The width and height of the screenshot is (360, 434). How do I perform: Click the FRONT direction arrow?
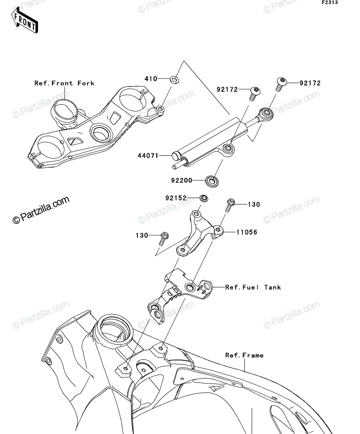coord(25,20)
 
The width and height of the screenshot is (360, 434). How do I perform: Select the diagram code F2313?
coord(330,3)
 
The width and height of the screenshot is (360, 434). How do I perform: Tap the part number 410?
coord(151,79)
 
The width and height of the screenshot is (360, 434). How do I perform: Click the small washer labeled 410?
coord(175,80)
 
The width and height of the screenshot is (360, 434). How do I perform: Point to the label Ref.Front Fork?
coord(64,83)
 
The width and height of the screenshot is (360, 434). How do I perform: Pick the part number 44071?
coord(148,156)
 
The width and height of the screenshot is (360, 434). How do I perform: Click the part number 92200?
coord(182,180)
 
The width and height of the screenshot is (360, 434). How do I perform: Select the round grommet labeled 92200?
coord(212,181)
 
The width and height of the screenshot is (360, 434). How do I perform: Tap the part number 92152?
coord(176,198)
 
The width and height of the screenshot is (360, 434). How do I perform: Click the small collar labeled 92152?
coord(204,198)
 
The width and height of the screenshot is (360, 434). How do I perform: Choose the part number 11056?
coord(247,232)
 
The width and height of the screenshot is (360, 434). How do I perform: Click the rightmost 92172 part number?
coord(310,83)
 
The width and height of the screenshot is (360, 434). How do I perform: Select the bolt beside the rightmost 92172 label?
coord(281,84)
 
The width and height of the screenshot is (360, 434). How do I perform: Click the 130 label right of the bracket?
coord(254,205)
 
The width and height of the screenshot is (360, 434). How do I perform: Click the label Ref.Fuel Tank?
coord(253,288)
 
